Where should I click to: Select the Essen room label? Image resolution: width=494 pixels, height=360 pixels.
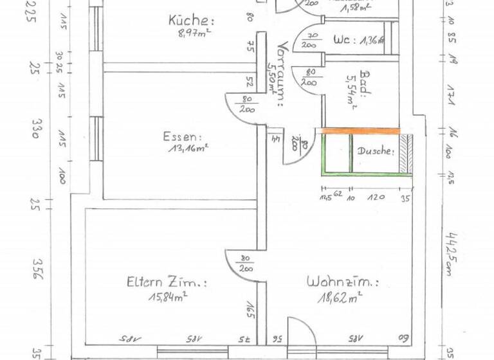pyautogui.click(x=183, y=137)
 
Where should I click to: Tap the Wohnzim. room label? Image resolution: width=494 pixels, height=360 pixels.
pyautogui.click(x=342, y=282)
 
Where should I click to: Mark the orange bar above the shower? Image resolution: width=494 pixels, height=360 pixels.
pyautogui.click(x=360, y=131)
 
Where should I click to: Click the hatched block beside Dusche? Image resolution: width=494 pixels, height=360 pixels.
pyautogui.click(x=405, y=154)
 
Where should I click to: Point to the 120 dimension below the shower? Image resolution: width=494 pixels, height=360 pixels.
pyautogui.click(x=376, y=198)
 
